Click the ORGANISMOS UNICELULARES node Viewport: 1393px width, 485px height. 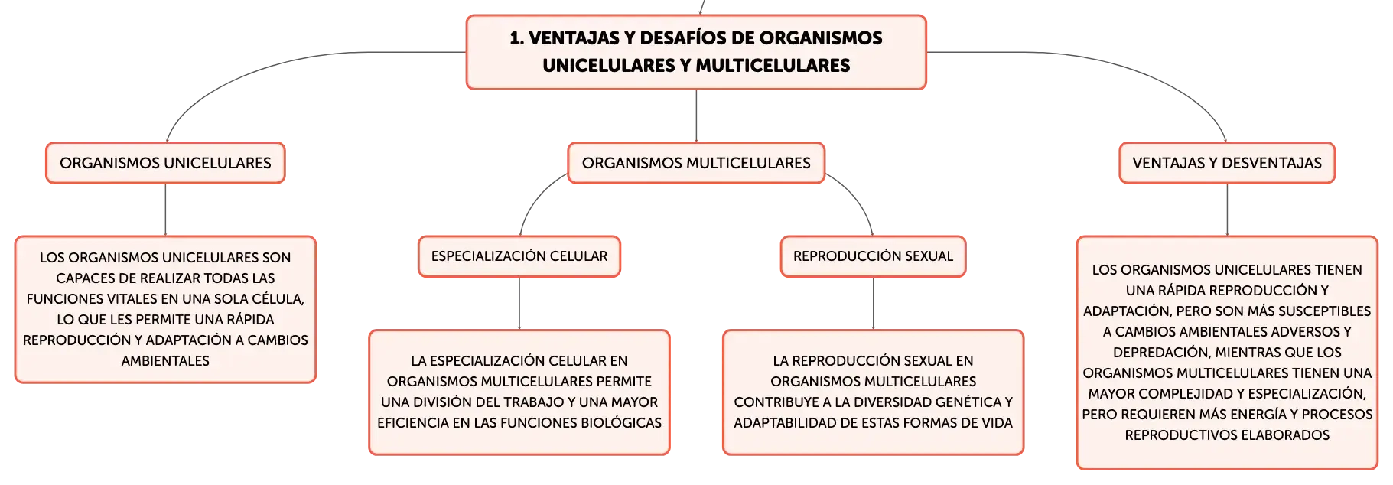click(x=165, y=163)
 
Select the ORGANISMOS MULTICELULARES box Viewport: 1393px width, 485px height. click(x=696, y=163)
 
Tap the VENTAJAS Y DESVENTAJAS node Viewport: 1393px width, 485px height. click(x=1227, y=163)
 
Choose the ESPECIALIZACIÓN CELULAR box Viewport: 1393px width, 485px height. click(x=519, y=256)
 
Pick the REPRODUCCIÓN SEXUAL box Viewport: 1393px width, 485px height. click(x=873, y=256)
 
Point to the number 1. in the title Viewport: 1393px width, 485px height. click(x=517, y=38)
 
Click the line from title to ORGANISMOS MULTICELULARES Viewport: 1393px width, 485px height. click(x=696, y=116)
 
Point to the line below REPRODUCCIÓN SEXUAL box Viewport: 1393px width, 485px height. click(x=874, y=304)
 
